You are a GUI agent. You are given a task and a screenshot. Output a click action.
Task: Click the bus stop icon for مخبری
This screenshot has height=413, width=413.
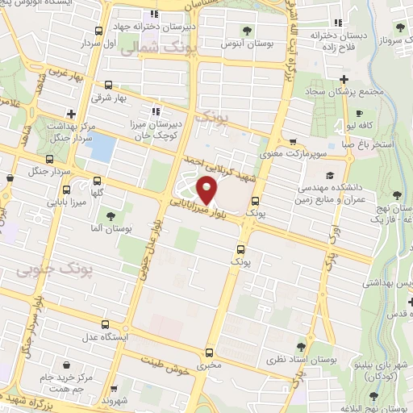point(211,353)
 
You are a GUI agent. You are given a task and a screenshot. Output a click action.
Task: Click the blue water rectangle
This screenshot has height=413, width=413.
point(102,148)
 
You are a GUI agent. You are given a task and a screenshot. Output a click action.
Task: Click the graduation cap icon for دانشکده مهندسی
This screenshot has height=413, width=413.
point(328,175)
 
